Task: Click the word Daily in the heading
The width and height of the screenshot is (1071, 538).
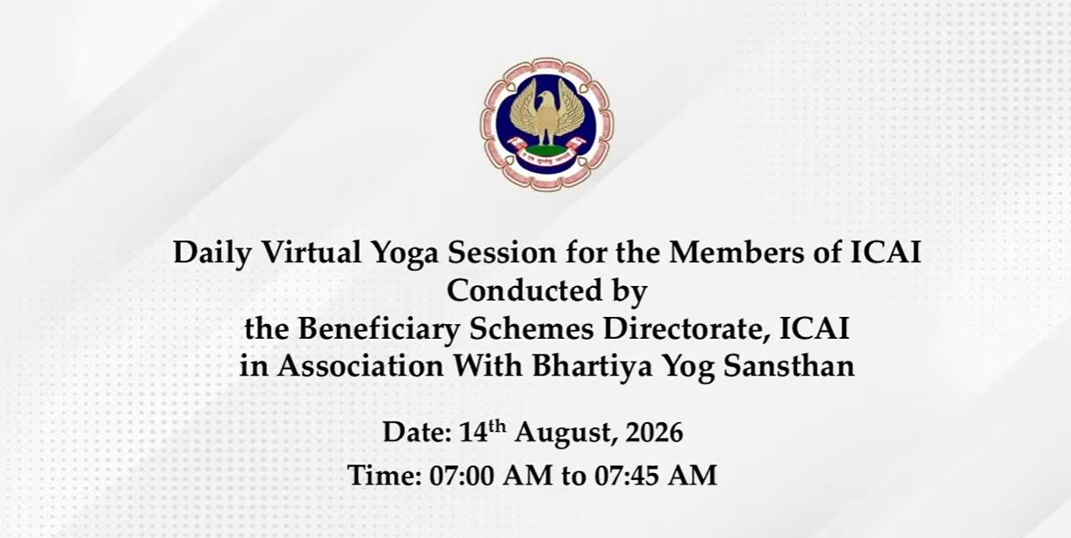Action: (x=212, y=254)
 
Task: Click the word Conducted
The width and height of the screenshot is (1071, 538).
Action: (x=524, y=291)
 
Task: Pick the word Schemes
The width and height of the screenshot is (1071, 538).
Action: (x=532, y=329)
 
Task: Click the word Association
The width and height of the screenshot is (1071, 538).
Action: (x=361, y=367)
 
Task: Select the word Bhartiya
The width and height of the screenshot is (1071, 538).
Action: (x=593, y=368)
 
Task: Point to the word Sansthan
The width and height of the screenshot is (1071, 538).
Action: (x=789, y=367)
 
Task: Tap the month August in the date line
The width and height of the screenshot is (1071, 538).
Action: (x=564, y=434)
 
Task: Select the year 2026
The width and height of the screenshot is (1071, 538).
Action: (x=655, y=433)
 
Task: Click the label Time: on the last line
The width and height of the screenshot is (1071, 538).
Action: (x=385, y=476)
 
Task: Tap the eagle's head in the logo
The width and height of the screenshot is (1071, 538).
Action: (x=544, y=100)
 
